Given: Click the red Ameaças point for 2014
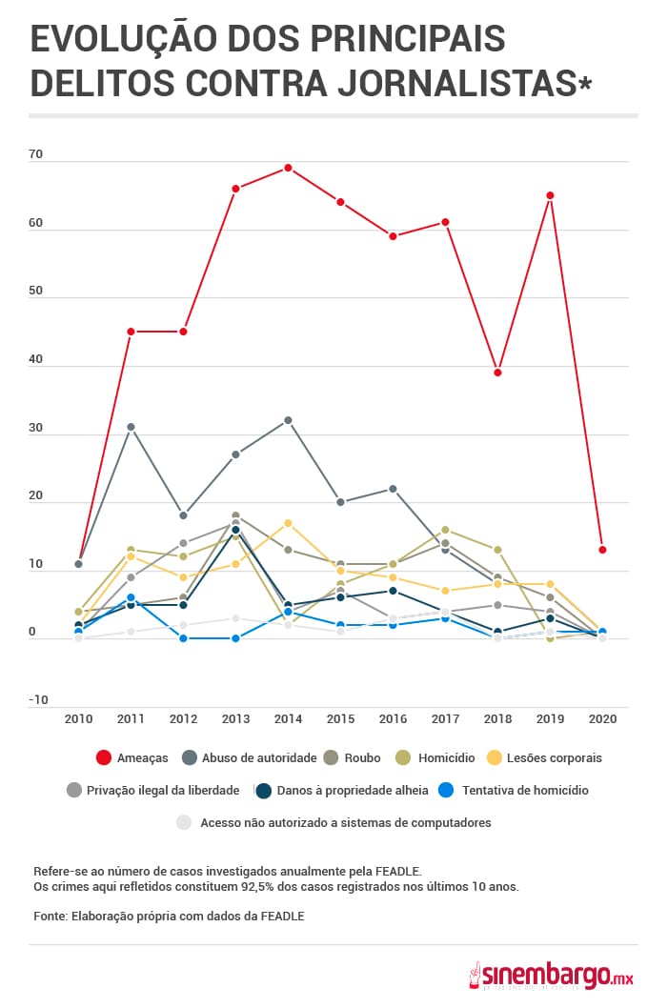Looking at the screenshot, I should tap(288, 168).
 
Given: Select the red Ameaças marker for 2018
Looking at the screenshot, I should tap(497, 373).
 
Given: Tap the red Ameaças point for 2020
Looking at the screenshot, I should tap(602, 550).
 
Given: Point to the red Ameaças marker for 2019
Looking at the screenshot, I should tap(550, 195).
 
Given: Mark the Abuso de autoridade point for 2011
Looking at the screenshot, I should tap(131, 427).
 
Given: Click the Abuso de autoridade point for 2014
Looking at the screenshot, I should tap(288, 420).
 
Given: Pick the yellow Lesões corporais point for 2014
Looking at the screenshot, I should tap(288, 523).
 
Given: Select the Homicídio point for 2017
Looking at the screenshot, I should tap(445, 530).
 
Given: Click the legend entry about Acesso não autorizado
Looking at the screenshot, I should tap(334, 822).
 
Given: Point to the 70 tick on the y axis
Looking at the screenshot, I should tap(36, 155).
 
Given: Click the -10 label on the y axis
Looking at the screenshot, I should tap(38, 700).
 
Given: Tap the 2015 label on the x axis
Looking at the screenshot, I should tap(340, 719).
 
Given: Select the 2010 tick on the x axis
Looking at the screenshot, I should tap(78, 719).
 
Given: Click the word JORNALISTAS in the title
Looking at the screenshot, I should tap(463, 84).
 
